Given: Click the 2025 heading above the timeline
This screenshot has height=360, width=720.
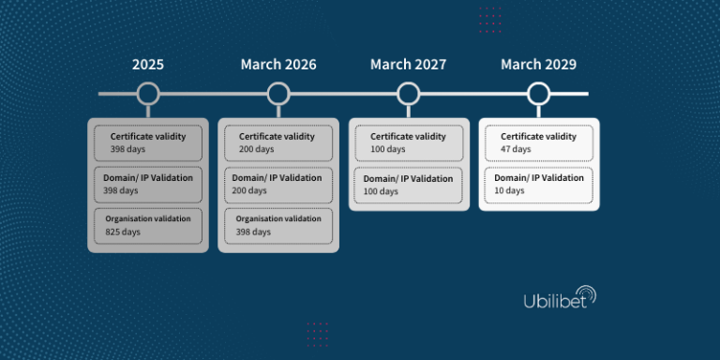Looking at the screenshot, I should coord(147,65).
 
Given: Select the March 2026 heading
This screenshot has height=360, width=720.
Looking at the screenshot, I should coord(278,65).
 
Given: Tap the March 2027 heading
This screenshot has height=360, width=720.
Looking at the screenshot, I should coord(408,65).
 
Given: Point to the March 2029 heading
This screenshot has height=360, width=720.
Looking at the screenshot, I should coord(538,65).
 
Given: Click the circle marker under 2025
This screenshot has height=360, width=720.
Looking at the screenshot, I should coord(147,94).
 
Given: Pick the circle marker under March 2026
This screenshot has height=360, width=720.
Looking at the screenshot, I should coord(278,94).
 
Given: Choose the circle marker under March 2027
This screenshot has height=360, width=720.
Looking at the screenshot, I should coord(408,94).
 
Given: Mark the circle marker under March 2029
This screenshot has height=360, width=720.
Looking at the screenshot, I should coord(538,94).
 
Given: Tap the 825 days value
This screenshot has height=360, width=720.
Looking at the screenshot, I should coord(122,232).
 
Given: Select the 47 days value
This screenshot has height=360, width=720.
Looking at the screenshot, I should coord(516,149).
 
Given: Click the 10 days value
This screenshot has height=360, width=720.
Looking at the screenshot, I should coord(510,190).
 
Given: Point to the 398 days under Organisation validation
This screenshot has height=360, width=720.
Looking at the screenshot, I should coord(253,232).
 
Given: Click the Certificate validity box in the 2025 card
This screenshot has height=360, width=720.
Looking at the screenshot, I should coord(147,142).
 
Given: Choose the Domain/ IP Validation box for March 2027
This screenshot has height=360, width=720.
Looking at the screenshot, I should coord(408,184).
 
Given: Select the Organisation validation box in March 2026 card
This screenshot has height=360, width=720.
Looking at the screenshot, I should coord(278,225).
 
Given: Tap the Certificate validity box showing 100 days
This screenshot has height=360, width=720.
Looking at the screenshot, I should coord(408,142).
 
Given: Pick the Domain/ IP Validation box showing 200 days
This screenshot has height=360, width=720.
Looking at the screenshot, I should coord(278,184).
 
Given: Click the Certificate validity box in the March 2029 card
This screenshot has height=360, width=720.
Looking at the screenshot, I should coord(538,142).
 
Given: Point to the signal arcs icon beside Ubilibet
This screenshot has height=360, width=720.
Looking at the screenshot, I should coord(588,294).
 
